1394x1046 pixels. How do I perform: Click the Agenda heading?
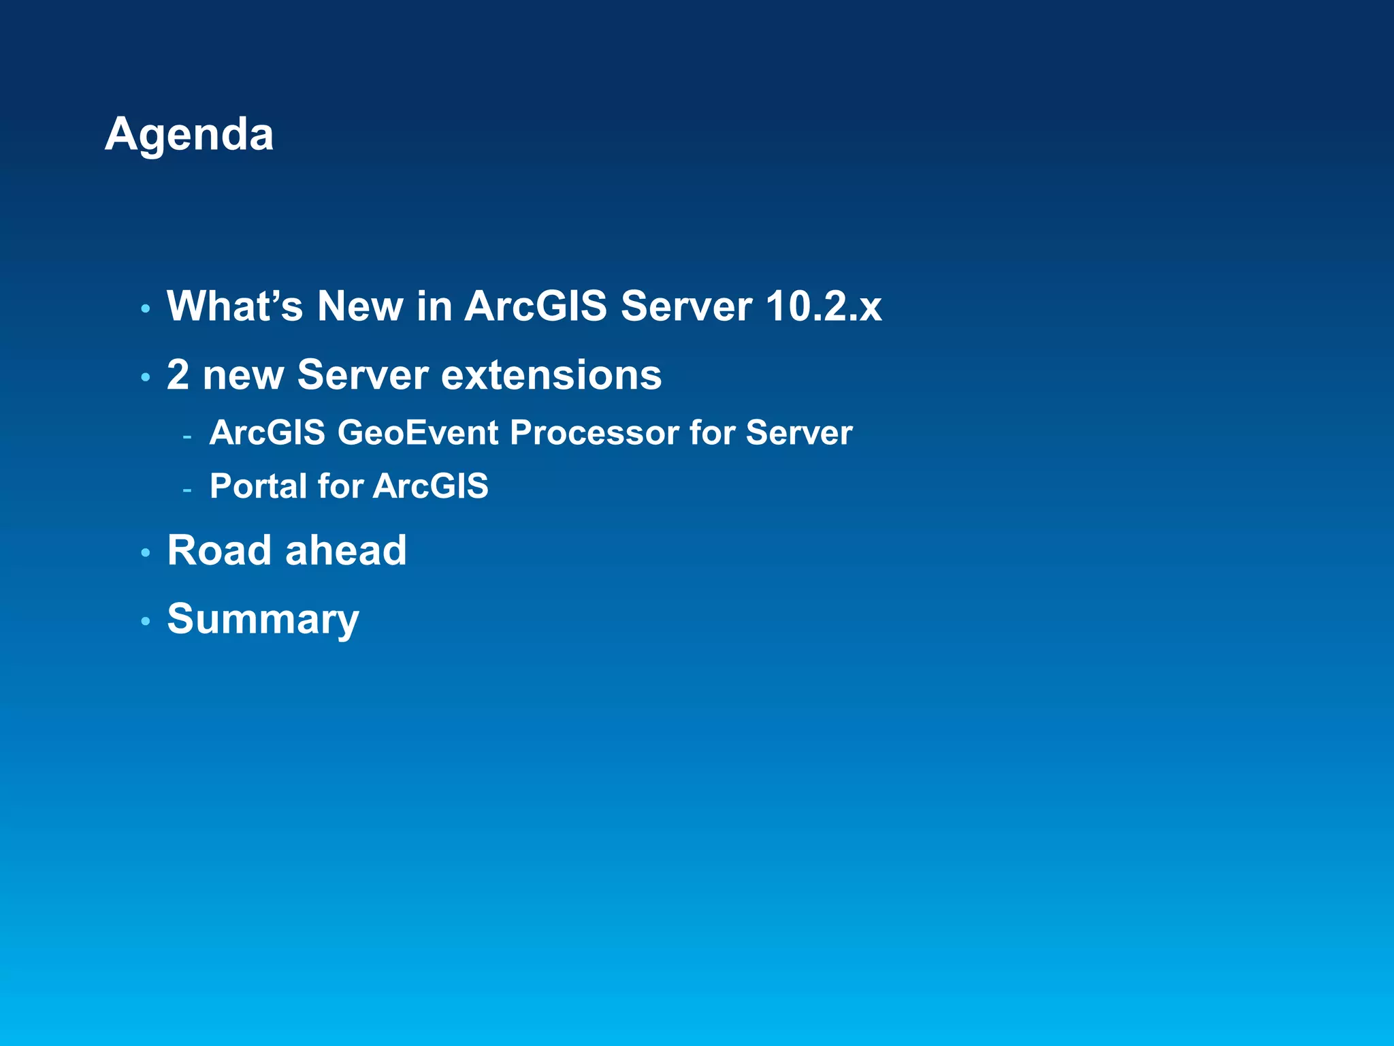pyautogui.click(x=189, y=134)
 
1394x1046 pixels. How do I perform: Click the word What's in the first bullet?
pyautogui.click(x=234, y=306)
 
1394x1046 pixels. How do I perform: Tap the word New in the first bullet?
pyautogui.click(x=360, y=306)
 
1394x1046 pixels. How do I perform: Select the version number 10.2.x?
pyautogui.click(x=823, y=306)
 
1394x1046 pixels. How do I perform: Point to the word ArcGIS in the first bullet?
pyautogui.click(x=535, y=306)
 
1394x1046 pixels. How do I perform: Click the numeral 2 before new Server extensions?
pyautogui.click(x=178, y=375)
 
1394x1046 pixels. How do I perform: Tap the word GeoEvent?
pyautogui.click(x=418, y=432)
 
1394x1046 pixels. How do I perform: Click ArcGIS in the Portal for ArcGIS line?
pyautogui.click(x=430, y=486)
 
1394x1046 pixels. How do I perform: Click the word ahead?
pyautogui.click(x=346, y=550)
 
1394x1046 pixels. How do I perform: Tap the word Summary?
pyautogui.click(x=263, y=619)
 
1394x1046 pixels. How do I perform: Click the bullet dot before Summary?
pyautogui.click(x=145, y=621)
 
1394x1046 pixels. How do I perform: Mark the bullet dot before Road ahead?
pyautogui.click(x=145, y=552)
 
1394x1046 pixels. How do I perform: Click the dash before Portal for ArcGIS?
pyautogui.click(x=187, y=489)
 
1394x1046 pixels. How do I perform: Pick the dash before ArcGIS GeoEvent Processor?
pyautogui.click(x=187, y=435)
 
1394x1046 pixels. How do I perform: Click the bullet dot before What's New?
pyautogui.click(x=145, y=309)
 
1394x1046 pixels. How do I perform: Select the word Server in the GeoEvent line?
pyautogui.click(x=798, y=432)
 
